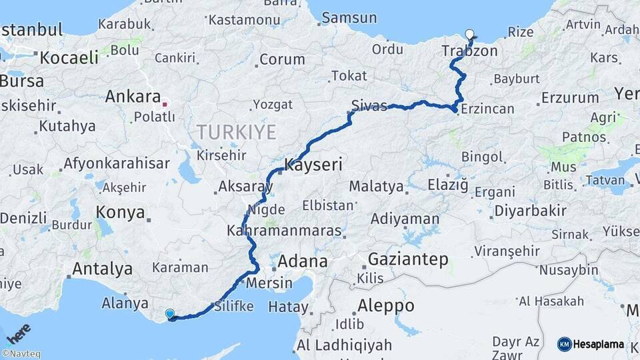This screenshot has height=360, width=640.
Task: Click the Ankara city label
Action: (133, 97)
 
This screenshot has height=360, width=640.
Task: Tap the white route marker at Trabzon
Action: (470, 35)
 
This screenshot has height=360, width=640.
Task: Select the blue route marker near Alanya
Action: (170, 314)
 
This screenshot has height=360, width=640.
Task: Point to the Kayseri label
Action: (313, 164)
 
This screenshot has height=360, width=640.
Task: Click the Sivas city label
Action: (369, 106)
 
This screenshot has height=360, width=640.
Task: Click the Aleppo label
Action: (386, 306)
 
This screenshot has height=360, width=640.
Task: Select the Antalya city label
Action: (102, 269)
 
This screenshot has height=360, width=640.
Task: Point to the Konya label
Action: (120, 213)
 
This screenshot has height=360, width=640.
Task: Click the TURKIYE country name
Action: (236, 132)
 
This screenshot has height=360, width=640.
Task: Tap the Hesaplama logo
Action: (591, 344)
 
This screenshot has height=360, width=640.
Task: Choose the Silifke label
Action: (234, 307)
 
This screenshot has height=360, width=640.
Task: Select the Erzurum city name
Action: (570, 98)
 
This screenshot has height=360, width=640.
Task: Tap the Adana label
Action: (303, 261)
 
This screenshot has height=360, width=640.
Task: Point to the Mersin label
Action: (269, 283)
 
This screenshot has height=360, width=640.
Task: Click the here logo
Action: (19, 332)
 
